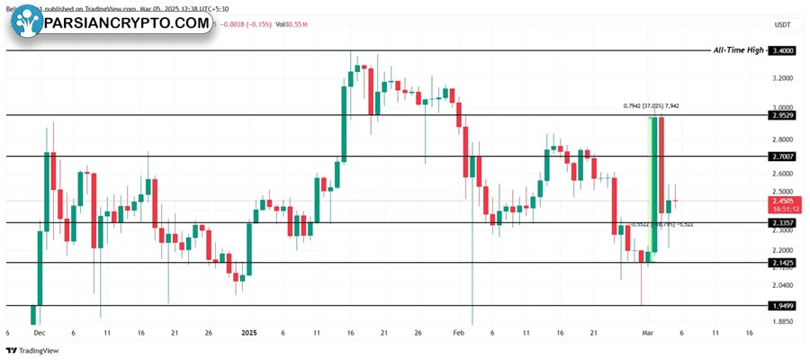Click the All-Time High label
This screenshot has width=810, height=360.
(738, 50)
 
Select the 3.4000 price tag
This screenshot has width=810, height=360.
(783, 51)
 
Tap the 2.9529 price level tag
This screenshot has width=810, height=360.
(783, 115)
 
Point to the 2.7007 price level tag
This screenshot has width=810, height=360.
(783, 156)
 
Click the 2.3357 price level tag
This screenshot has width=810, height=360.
(783, 222)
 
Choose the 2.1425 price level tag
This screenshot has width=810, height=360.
(783, 262)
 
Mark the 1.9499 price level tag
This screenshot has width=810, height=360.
(783, 306)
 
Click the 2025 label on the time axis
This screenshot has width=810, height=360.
(250, 332)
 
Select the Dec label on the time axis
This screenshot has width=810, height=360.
(38, 332)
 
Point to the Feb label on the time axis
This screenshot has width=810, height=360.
(458, 332)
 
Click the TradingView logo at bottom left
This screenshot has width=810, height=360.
(31, 350)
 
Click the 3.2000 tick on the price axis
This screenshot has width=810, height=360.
(783, 78)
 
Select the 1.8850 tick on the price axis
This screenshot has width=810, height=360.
(783, 320)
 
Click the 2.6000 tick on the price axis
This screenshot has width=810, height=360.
(783, 174)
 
